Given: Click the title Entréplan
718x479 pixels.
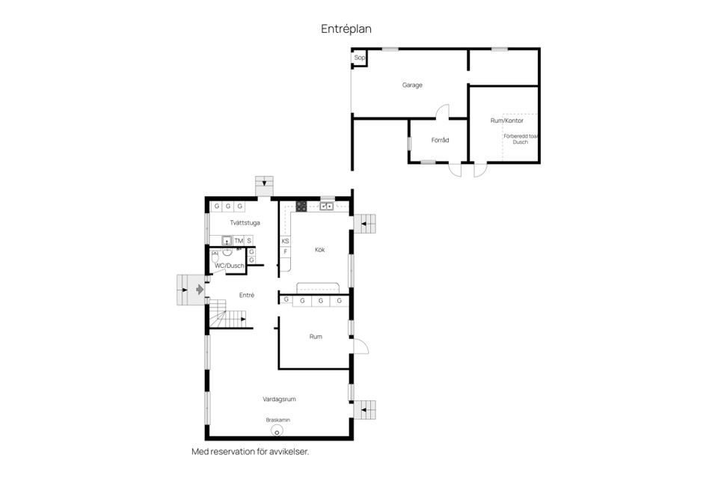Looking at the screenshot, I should (x=346, y=28).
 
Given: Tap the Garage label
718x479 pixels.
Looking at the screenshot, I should (x=412, y=85).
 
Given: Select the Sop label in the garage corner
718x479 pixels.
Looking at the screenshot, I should (x=359, y=58).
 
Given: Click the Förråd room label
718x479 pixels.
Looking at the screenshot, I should (x=440, y=140).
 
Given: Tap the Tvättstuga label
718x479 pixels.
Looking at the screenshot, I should (x=245, y=222).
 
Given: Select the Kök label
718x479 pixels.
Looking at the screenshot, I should (x=320, y=249).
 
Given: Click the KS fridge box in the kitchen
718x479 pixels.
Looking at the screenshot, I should (x=285, y=241).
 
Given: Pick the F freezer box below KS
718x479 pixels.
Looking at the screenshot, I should (x=285, y=251).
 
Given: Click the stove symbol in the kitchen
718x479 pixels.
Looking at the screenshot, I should (x=301, y=207).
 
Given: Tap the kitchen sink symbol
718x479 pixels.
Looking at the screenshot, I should (x=326, y=206).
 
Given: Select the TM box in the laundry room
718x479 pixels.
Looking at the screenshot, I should (x=239, y=240).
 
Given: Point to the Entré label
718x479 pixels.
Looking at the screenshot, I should (x=247, y=295).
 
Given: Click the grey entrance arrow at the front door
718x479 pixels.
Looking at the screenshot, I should (x=199, y=288).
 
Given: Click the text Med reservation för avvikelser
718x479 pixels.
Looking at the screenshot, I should (x=250, y=452).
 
